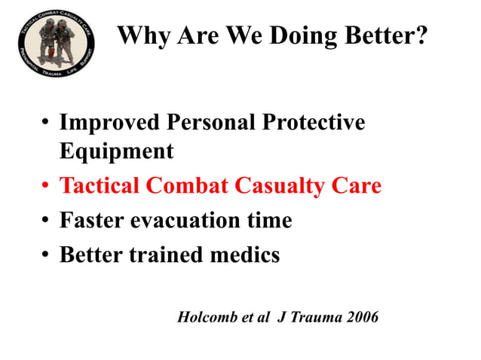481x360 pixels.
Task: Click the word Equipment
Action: (x=116, y=151)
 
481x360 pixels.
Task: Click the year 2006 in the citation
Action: (x=363, y=317)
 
